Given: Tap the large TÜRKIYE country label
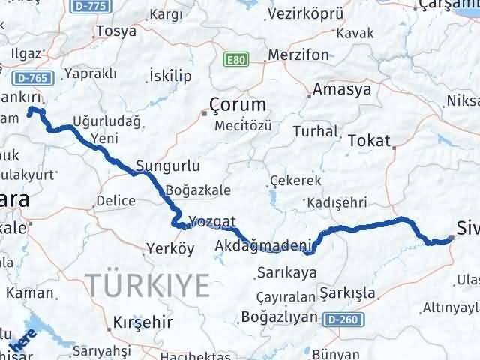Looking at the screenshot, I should tap(147, 285).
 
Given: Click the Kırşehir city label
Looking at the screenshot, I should tap(142, 323).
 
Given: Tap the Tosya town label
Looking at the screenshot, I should tap(115, 31).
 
